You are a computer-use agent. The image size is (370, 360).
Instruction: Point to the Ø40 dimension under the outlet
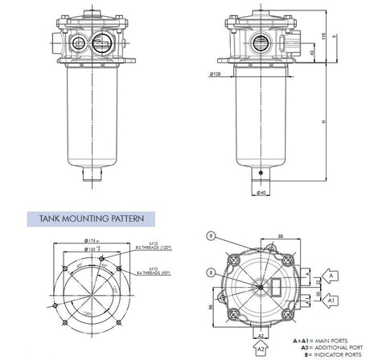(x=263, y=193)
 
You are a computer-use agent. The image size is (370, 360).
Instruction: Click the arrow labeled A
(x=333, y=276)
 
